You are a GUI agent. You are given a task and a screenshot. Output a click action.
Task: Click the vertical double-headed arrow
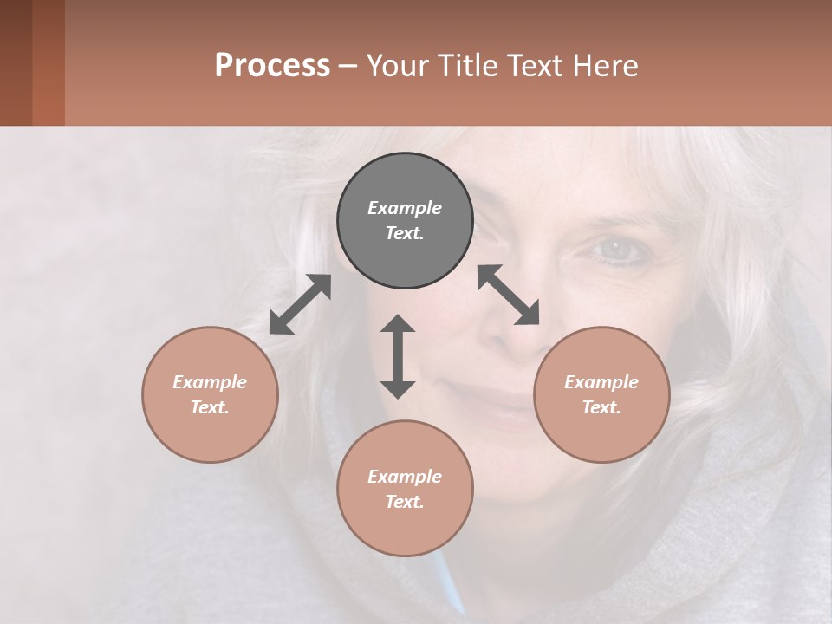[x=398, y=356]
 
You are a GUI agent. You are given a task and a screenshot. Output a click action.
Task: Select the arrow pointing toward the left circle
[x=300, y=304]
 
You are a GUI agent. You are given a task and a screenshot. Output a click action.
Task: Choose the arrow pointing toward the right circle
[x=509, y=295]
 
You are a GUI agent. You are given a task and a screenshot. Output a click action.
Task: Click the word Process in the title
[x=272, y=65]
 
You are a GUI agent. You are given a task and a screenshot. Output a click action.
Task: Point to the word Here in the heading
[x=606, y=65]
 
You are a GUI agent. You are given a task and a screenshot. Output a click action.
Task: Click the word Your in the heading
[x=400, y=65]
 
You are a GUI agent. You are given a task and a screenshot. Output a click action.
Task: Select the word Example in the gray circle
[x=405, y=208]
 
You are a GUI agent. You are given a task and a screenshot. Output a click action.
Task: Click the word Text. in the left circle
[x=210, y=407]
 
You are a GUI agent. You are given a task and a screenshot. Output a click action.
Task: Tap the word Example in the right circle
[x=601, y=382]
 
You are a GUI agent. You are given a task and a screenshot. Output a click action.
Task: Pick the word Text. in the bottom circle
[x=405, y=502]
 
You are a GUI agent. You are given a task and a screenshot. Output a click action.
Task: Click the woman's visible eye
[x=616, y=250]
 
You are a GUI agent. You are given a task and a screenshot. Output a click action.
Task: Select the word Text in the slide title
[x=534, y=65]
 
